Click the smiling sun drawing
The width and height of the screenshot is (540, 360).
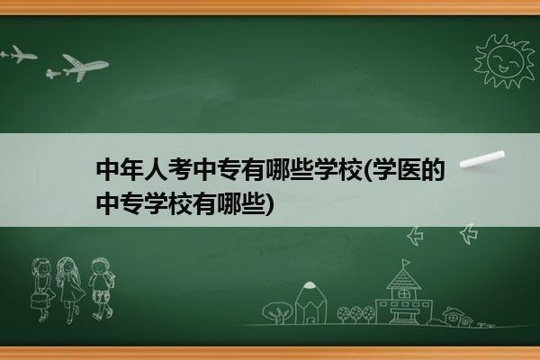[505, 61]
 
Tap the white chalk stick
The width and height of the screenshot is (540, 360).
[482, 159]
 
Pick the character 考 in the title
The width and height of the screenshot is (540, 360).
[181, 169]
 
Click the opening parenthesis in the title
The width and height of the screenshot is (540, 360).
[366, 170]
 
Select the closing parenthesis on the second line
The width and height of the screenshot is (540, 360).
[270, 204]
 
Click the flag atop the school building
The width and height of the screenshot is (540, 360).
[406, 263]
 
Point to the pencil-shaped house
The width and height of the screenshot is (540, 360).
[310, 302]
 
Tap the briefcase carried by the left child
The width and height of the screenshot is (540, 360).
[39, 301]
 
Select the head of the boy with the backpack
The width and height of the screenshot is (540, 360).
[100, 266]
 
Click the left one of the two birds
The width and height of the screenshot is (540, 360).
[415, 236]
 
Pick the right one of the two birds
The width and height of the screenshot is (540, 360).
[469, 234]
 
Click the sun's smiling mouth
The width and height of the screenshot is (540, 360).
[503, 69]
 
